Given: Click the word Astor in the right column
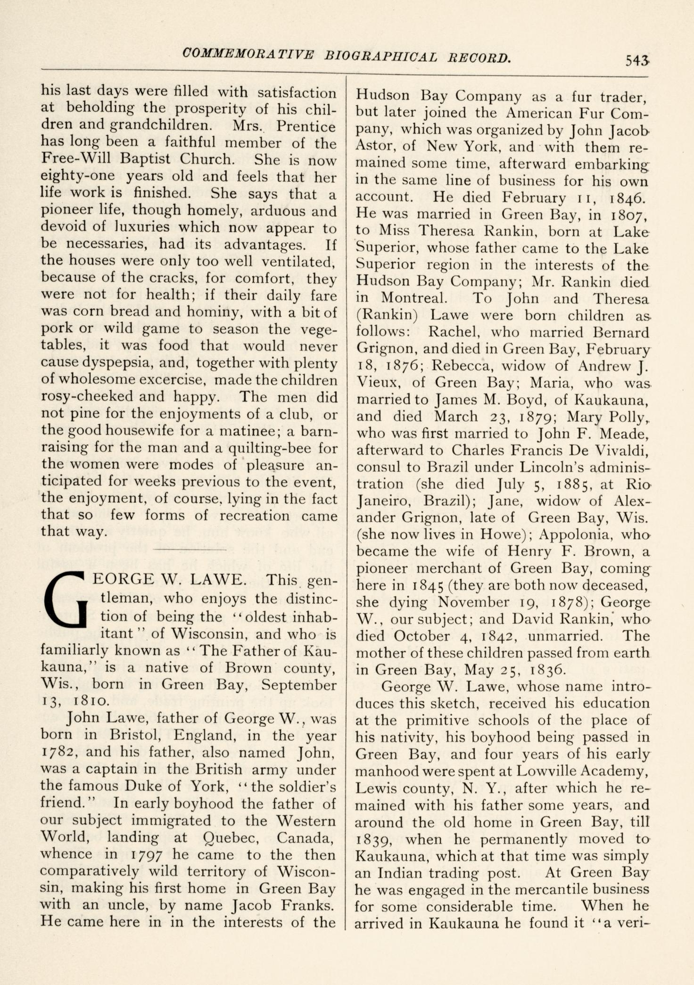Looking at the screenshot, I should click(x=376, y=146).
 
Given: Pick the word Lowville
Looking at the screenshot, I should click(x=551, y=771).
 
